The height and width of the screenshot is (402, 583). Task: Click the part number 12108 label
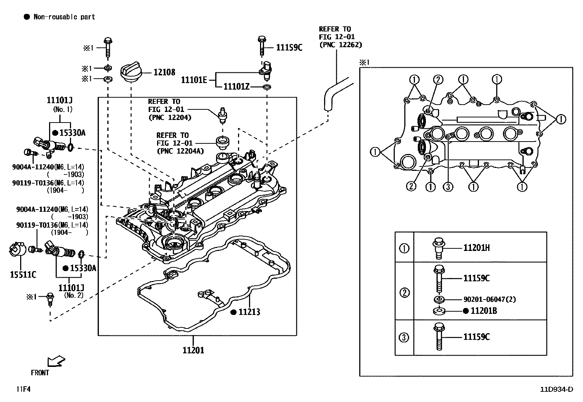pos(164,72)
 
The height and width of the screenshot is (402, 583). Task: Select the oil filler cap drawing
pos(131,72)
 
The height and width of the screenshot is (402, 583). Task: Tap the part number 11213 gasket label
pos(249,312)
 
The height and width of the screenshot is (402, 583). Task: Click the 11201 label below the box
pos(193,350)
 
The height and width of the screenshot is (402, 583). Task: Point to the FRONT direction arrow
pos(56,362)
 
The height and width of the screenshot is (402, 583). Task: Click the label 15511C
pos(23,274)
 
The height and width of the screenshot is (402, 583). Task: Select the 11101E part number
pos(194,80)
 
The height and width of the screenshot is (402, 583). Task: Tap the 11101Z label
pos(236,87)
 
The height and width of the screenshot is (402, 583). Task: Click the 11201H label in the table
pos(476,248)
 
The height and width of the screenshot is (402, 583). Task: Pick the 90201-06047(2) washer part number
pos(489,299)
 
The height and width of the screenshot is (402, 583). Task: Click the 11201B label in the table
pos(483,311)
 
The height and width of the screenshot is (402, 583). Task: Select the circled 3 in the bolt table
pos(404,337)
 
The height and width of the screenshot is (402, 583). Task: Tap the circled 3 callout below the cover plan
pos(448,187)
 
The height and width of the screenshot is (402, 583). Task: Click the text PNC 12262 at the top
pos(340,45)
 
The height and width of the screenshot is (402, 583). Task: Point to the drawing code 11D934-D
pos(556,389)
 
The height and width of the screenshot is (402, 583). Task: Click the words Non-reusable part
pos(64,17)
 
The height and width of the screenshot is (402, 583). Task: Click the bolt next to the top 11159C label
pos(261,46)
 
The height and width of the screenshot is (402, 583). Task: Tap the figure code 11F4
pos(23,389)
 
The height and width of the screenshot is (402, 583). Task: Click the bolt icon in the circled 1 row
pos(438,248)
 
